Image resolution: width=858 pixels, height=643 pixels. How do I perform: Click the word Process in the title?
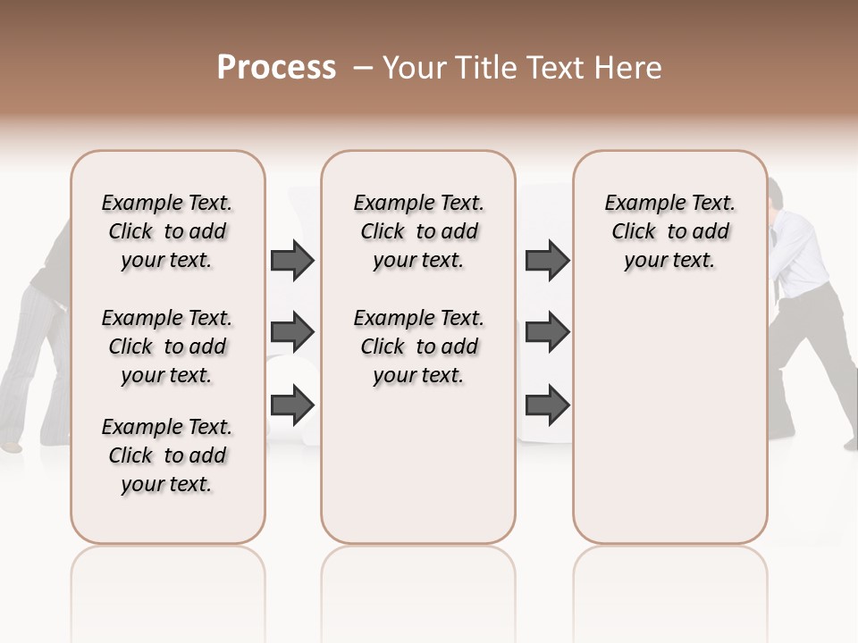click(x=276, y=68)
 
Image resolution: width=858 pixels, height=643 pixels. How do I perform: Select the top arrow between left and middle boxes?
click(x=292, y=260)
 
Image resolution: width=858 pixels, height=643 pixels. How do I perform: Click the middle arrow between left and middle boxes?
click(x=292, y=332)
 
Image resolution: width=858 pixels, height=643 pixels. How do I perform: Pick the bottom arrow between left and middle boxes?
click(x=292, y=405)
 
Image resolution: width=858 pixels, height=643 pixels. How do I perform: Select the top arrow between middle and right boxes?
click(x=547, y=260)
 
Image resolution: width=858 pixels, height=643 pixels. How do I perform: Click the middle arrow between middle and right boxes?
click(x=547, y=332)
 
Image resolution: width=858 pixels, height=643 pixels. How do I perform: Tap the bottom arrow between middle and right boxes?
click(x=547, y=405)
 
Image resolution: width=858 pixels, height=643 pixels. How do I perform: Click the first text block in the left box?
click(x=167, y=231)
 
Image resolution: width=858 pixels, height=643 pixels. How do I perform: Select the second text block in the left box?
click(x=167, y=347)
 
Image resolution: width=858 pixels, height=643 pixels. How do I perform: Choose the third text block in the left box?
click(x=167, y=455)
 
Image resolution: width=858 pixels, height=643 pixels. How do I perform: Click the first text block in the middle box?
click(x=418, y=231)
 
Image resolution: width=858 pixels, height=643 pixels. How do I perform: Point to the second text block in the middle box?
click(x=418, y=347)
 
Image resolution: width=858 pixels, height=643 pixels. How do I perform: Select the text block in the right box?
click(x=669, y=231)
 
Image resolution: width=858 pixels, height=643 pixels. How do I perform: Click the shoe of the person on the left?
click(x=11, y=444)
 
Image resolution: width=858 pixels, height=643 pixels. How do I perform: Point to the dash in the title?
click(x=363, y=68)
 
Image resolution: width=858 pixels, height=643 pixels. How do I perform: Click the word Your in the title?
click(x=415, y=68)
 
